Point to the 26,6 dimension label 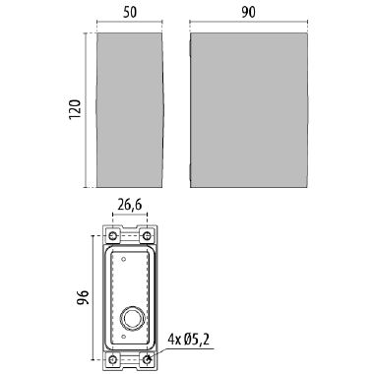click(131, 207)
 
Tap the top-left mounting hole click(114, 237)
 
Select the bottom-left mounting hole click(114, 359)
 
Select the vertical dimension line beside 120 click(86, 109)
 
